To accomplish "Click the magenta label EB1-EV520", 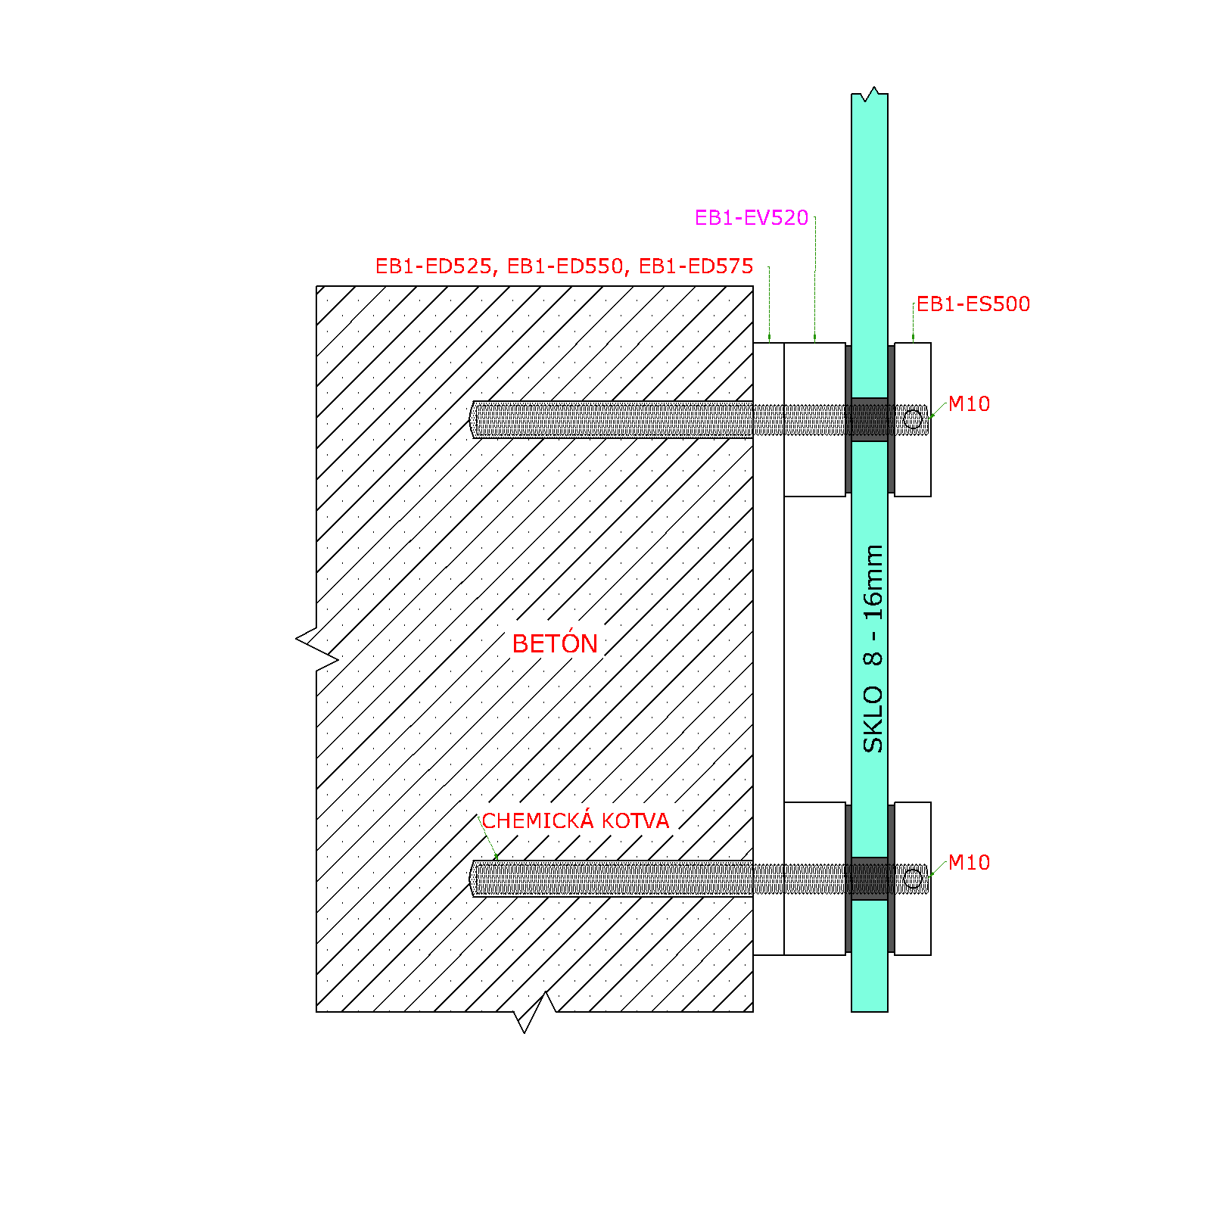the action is pos(752,218).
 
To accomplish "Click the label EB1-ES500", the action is pos(973,304).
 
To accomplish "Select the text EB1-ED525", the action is pos(434,266).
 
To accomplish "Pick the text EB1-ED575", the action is pos(696,266).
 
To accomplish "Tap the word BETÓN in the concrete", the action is pos(555,643).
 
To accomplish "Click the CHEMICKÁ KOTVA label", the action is pos(575,820).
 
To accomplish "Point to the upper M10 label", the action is pos(969,404).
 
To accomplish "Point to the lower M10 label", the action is pos(969,863).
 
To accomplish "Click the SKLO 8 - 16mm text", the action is pos(873,649).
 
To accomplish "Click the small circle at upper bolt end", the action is pos(913,419).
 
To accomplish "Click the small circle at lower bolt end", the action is pos(913,879).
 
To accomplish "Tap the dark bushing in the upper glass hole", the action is pos(870,419).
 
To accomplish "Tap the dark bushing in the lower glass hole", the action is pos(870,879).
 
